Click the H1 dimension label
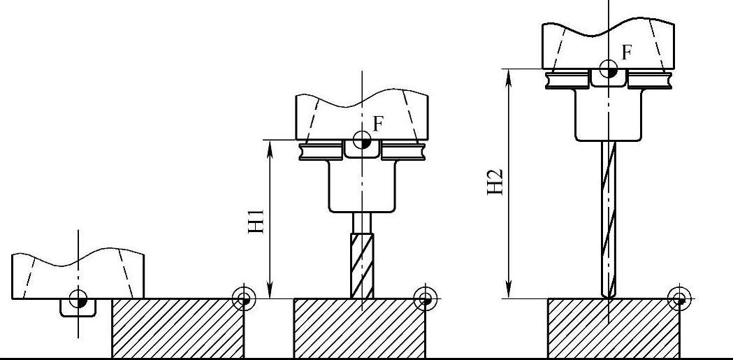click(256, 222)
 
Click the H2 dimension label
click(495, 182)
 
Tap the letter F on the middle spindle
click(379, 124)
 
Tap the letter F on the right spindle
click(627, 52)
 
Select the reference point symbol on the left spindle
click(78, 298)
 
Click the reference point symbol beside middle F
click(362, 140)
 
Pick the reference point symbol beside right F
click(608, 69)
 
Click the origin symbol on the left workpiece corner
click(244, 298)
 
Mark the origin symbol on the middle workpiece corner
click(426, 298)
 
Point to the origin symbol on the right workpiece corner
click(679, 298)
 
